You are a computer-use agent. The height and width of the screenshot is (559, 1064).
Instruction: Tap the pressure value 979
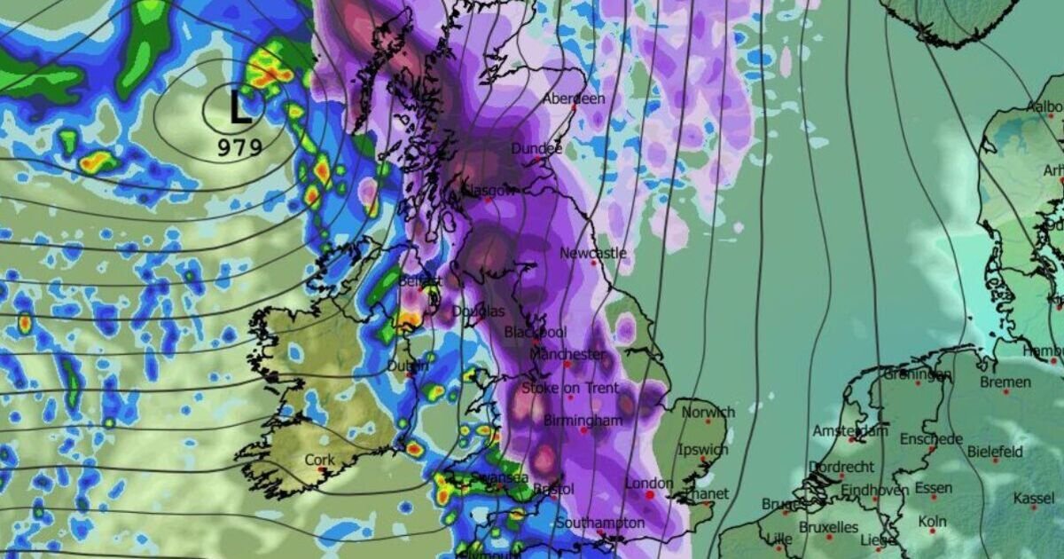tap(240, 146)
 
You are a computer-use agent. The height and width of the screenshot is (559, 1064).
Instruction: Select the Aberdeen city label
tap(574, 98)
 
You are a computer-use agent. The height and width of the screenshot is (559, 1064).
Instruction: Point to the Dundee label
tap(536, 148)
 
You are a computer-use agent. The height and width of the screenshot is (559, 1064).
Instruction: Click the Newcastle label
tap(593, 253)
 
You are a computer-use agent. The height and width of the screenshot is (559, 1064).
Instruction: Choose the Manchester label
tap(567, 354)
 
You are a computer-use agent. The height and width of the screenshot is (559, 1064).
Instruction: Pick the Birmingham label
tap(583, 420)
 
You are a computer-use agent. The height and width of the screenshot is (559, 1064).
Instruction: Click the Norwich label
tap(708, 412)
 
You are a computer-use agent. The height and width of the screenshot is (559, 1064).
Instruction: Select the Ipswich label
tap(701, 450)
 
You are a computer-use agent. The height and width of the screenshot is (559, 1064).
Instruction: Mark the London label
tap(650, 484)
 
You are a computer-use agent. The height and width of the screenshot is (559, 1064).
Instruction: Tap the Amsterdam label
tap(850, 431)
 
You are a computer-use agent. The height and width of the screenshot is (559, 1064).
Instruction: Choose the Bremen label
tap(1005, 382)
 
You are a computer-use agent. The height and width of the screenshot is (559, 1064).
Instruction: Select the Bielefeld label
tap(995, 451)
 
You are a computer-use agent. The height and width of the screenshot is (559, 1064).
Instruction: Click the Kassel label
tap(1034, 499)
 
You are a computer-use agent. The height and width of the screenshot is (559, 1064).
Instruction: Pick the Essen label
tap(934, 487)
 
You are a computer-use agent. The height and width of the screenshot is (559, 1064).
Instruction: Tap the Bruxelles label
tap(827, 527)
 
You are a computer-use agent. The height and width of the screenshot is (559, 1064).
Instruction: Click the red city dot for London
tap(649, 495)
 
